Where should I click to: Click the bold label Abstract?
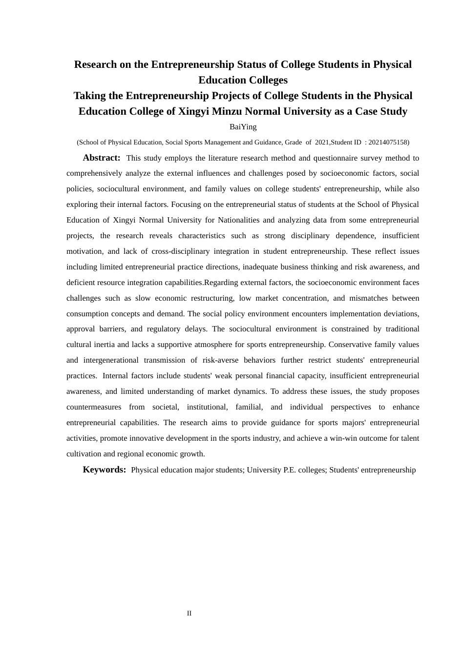click(101, 158)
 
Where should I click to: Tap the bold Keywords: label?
click(104, 470)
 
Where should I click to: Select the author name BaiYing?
click(243, 127)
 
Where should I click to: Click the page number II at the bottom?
click(189, 614)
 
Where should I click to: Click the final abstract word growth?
click(192, 454)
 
